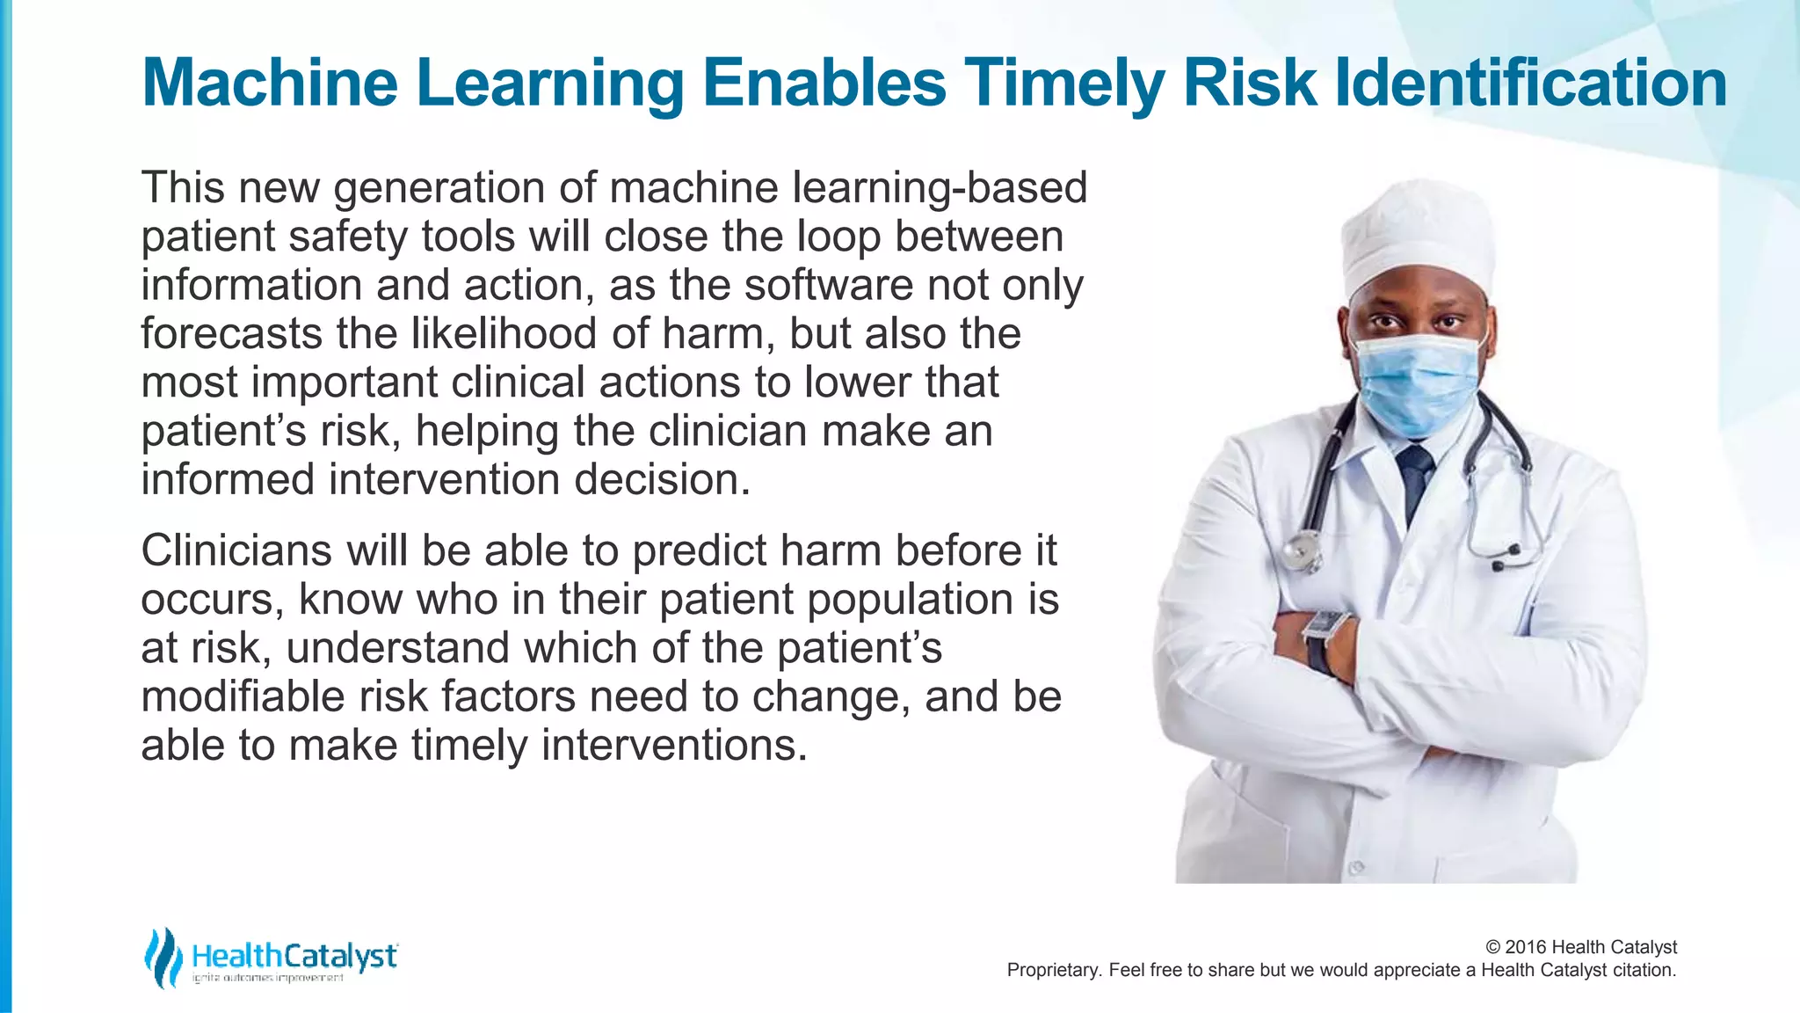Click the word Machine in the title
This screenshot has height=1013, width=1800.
coord(270,84)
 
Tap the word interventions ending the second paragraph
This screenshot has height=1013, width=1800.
coord(673,746)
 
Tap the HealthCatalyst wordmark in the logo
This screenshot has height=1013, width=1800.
coord(294,956)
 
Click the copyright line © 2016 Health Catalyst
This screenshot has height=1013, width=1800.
coord(1580,947)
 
